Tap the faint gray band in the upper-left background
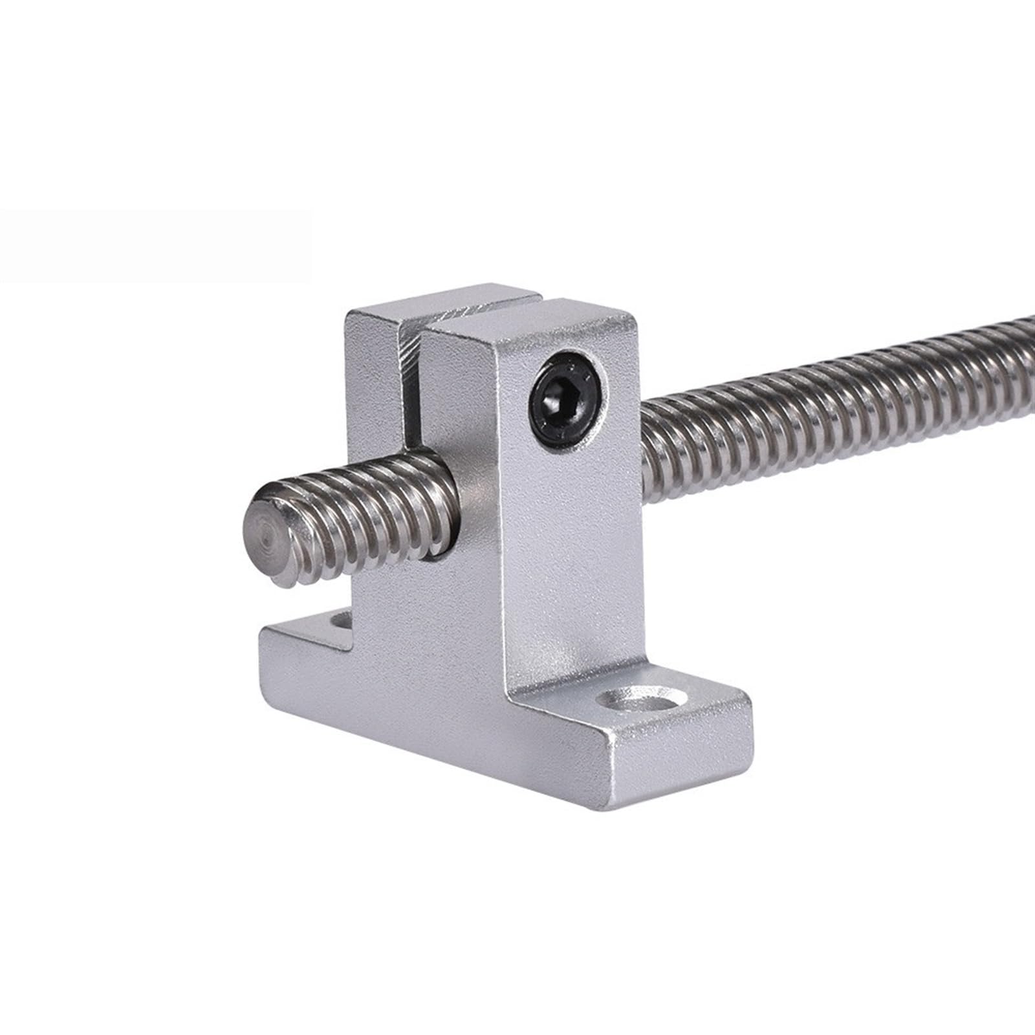click(x=155, y=246)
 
